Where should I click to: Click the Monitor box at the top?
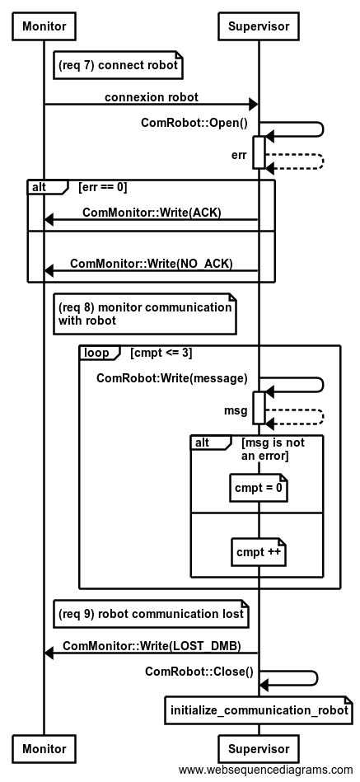click(x=44, y=26)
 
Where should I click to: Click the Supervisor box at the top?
click(x=259, y=26)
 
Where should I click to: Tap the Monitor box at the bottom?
click(x=44, y=748)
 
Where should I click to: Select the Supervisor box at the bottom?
click(x=259, y=748)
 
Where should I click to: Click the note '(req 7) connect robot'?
click(x=118, y=65)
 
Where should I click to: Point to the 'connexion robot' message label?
click(x=151, y=97)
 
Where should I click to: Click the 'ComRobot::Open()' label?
click(x=194, y=123)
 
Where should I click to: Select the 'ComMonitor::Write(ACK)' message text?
click(x=152, y=213)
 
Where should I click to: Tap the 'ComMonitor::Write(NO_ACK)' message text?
click(x=151, y=264)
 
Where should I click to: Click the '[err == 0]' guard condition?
click(x=103, y=188)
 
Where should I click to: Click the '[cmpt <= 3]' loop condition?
click(x=161, y=353)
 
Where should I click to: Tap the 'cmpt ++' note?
click(x=259, y=552)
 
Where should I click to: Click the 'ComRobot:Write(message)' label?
click(x=172, y=378)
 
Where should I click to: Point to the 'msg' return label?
click(x=236, y=411)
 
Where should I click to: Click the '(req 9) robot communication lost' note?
click(x=151, y=613)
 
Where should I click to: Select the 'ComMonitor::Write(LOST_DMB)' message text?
click(x=152, y=646)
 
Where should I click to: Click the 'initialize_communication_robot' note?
click(x=259, y=710)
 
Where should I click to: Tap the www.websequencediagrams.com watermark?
click(x=266, y=770)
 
